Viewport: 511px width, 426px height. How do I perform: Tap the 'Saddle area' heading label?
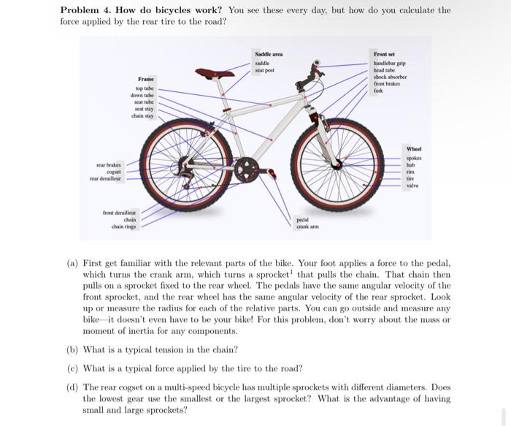(x=268, y=55)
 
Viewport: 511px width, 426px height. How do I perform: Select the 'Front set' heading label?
(x=384, y=54)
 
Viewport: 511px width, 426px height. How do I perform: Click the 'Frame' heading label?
(x=145, y=78)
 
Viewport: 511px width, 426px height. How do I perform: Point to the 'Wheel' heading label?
(x=415, y=149)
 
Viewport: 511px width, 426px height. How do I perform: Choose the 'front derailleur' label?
(x=120, y=212)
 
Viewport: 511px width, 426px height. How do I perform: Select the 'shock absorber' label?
(x=390, y=77)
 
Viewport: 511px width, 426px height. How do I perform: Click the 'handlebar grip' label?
(x=390, y=63)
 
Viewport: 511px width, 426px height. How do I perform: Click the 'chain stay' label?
(x=142, y=115)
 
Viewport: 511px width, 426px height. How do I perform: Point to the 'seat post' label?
(x=264, y=71)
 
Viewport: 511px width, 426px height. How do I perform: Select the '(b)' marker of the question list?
(x=72, y=350)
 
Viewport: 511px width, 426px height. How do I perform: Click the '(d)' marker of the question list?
(x=72, y=387)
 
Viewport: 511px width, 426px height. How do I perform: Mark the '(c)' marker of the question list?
(x=72, y=368)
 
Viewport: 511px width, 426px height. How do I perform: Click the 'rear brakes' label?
(x=108, y=165)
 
